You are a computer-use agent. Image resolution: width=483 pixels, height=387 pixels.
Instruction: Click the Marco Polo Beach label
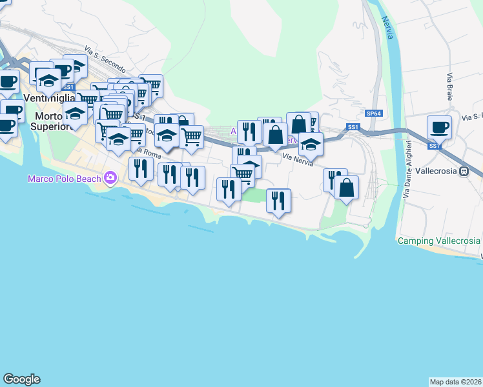point(64,178)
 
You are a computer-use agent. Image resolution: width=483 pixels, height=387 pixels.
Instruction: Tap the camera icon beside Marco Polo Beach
point(110,177)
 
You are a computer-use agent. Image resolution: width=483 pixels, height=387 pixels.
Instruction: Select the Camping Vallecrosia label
point(438,241)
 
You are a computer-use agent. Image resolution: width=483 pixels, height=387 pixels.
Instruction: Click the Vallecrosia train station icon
point(463,172)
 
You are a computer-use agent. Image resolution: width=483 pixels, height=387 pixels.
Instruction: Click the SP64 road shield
point(373,114)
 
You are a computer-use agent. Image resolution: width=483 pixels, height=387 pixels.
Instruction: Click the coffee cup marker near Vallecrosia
point(439,127)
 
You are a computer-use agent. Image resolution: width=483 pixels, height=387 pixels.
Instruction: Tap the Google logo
point(22,379)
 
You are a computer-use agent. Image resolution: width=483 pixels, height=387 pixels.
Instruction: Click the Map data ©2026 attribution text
point(455,381)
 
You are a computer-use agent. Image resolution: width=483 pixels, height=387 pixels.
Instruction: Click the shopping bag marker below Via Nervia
point(346,188)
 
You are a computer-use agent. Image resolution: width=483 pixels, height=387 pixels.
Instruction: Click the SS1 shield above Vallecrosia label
point(435,146)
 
